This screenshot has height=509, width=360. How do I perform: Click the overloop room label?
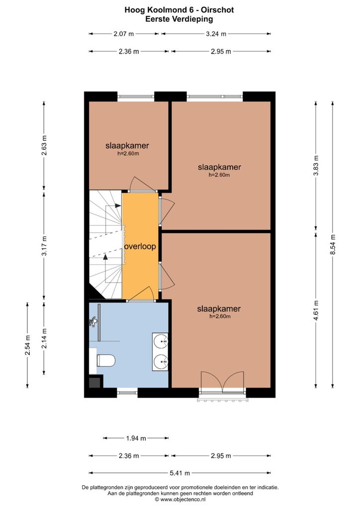tap(140, 247)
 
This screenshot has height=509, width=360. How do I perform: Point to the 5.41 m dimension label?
tap(180, 473)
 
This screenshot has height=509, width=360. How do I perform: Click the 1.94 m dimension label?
tap(136, 438)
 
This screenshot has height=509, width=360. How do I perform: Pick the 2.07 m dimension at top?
tap(124, 34)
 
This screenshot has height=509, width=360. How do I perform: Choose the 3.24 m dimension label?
tap(216, 34)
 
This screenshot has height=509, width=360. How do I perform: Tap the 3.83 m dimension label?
tap(316, 166)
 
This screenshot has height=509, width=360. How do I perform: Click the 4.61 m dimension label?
tap(316, 310)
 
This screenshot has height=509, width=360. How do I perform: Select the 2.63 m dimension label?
tap(44, 146)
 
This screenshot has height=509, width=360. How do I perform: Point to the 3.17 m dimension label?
tap(44, 246)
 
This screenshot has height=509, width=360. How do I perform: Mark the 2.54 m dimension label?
tap(27, 345)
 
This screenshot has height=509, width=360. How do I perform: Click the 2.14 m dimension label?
tap(44, 339)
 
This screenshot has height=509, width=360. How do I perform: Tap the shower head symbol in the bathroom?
tap(93, 322)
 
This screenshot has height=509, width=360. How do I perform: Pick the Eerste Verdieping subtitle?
tap(179, 19)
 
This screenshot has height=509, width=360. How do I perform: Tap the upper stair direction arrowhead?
tap(118, 205)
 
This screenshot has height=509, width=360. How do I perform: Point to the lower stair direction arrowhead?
tap(105, 257)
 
